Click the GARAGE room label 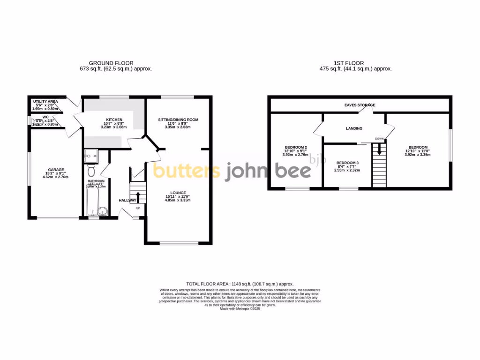click(x=55, y=170)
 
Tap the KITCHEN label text click(x=114, y=120)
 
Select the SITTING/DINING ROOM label click(x=178, y=120)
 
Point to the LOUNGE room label click(x=178, y=193)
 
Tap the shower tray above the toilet click(x=91, y=154)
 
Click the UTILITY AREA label click(x=45, y=101)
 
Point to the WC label click(x=45, y=117)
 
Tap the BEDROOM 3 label click(x=347, y=163)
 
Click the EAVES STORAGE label click(x=360, y=105)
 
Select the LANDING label click(x=354, y=128)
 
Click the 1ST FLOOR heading click(x=348, y=63)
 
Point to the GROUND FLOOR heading click(x=111, y=63)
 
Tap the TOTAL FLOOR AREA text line click(x=240, y=284)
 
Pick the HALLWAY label click(x=127, y=200)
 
